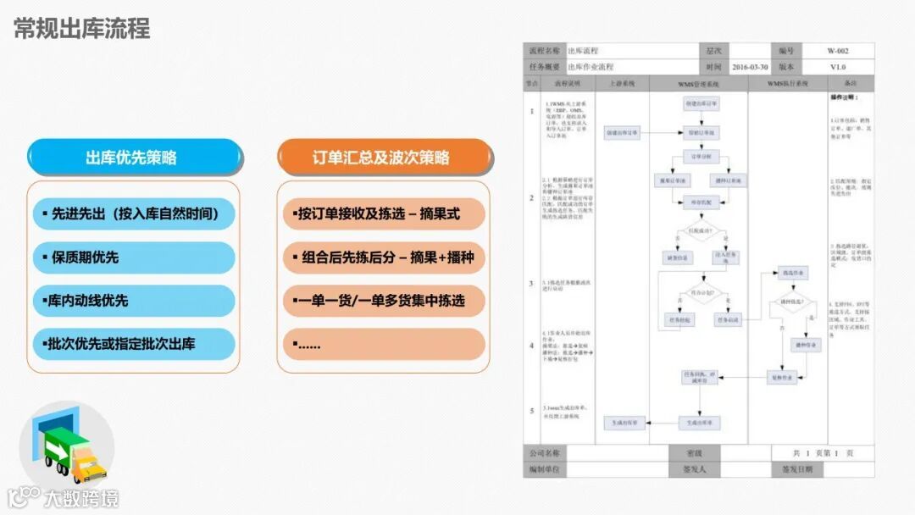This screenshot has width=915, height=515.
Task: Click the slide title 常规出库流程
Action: point(82,29)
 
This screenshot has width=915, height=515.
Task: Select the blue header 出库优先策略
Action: point(131,158)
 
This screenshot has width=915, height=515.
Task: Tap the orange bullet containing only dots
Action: point(384,344)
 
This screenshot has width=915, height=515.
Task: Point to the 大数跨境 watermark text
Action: point(88,498)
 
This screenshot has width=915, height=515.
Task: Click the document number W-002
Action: point(837,51)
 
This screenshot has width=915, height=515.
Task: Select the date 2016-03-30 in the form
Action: point(750,67)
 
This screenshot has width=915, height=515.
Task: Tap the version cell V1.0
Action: point(837,67)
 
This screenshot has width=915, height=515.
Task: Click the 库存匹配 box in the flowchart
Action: point(700,202)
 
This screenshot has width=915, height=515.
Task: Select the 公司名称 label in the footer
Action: point(544,453)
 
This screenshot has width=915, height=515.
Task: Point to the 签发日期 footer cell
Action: point(796,468)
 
